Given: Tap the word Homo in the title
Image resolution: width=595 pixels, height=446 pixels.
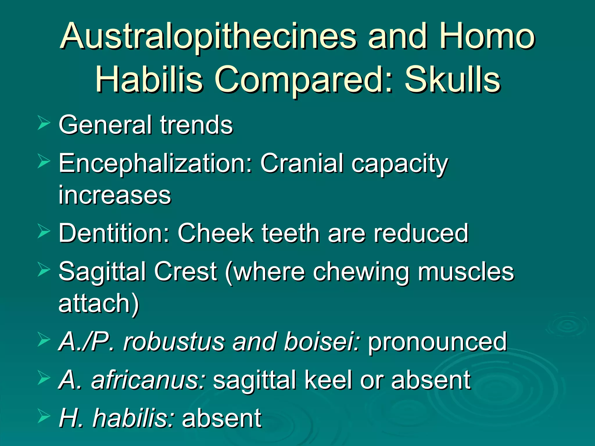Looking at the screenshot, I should coord(486,37).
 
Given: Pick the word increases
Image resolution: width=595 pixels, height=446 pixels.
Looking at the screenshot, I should coord(115,195).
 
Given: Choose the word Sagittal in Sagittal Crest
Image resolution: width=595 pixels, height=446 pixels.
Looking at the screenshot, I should coord(102,272).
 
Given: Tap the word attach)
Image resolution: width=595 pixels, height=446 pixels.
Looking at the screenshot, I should coord(99,304).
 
